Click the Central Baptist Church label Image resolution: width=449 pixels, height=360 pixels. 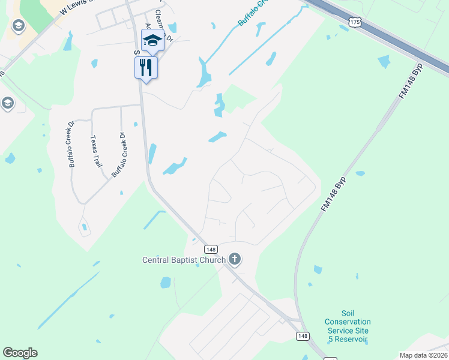184,260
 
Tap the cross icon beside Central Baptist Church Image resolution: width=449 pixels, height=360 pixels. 234,259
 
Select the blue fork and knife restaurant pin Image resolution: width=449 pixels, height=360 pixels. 146,67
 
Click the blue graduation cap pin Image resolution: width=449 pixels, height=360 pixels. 152,41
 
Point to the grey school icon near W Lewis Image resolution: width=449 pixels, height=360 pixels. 18,26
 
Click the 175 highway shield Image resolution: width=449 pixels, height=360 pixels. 356,21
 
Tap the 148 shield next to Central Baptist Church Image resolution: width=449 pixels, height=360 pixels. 211,249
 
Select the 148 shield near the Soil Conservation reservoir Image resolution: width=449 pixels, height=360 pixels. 303,336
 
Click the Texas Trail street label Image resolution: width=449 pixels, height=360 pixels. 94,151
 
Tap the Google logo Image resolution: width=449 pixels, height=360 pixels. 20,353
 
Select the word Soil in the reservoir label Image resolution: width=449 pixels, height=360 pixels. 348,313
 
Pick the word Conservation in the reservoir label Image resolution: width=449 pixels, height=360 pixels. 348,322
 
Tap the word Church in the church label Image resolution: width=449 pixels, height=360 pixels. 212,260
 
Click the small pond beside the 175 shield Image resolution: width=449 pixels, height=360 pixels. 343,28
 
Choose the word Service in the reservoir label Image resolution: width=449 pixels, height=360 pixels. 339,331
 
